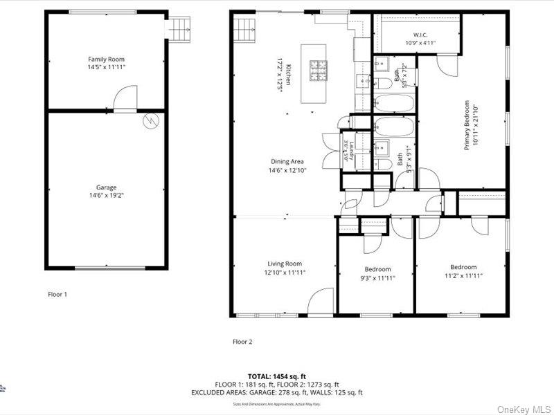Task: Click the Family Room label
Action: pyautogui.click(x=106, y=59)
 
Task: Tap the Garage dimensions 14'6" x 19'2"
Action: pyautogui.click(x=106, y=195)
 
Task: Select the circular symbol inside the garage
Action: pyautogui.click(x=150, y=121)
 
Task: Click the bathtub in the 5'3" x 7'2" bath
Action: pyautogui.click(x=394, y=104)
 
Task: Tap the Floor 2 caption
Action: pyautogui.click(x=242, y=341)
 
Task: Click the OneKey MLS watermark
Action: pyautogui.click(x=524, y=409)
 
